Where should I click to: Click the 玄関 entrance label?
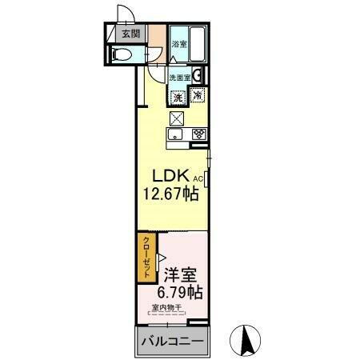click(x=130, y=34)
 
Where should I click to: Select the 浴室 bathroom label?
click(x=180, y=46)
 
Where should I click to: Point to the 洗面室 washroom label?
click(x=179, y=78)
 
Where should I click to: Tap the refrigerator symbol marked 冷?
click(x=198, y=96)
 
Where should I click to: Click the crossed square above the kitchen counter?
click(x=177, y=118)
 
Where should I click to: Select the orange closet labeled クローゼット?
click(x=146, y=258)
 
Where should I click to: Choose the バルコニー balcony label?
click(x=173, y=342)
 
